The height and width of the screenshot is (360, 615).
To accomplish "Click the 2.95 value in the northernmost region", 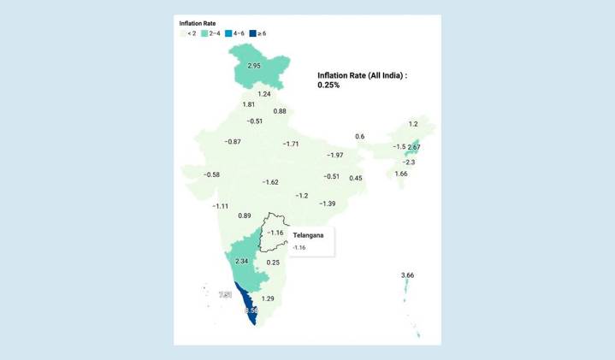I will pos(254,66).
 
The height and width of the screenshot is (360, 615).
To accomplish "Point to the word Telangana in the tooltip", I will pos(308,234).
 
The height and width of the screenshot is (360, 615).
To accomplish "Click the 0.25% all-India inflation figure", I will pos(329,86).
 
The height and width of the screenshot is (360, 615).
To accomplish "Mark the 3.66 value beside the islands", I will pos(409,274).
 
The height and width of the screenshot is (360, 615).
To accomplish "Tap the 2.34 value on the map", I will pos(240,261).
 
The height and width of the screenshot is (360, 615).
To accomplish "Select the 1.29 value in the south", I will pos(268,298).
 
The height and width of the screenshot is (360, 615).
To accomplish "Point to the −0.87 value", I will pos(231,141).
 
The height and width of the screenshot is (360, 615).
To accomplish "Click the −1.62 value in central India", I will pos(270,182).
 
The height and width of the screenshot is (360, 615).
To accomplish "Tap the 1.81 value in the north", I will pos(249,104).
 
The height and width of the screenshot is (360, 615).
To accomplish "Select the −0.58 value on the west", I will pos(211,174).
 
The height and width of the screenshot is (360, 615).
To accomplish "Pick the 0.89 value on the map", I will pos(245,215).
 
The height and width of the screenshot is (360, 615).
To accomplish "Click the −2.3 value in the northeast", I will pos(409,162).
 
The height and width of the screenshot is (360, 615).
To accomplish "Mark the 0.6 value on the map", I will pos(360,137).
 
